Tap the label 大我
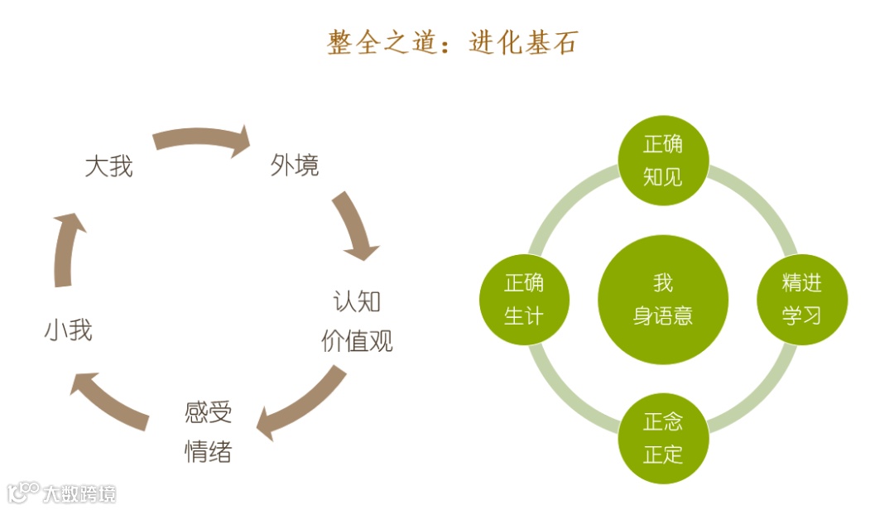108,166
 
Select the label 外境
294,166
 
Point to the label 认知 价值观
357,320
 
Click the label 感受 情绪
208,431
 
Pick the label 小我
68,330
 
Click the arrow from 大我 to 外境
203,139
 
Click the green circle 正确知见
663,160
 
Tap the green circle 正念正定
663,438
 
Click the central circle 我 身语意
663,299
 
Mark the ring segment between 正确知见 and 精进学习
753,208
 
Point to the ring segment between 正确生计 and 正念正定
572,390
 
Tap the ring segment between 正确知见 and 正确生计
572,208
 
